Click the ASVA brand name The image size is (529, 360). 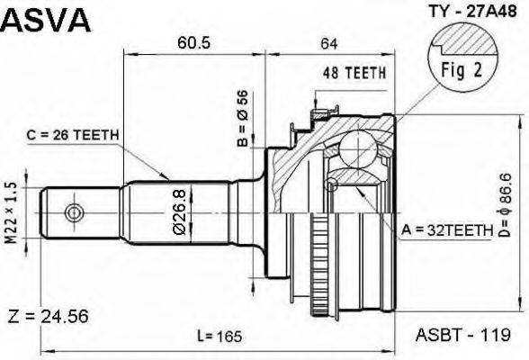[x=46, y=20]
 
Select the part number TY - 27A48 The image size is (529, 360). [x=472, y=12]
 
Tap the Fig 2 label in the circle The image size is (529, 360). [x=462, y=70]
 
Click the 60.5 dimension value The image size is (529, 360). [x=193, y=43]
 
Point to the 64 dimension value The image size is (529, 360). [x=328, y=44]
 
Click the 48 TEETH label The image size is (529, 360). [x=354, y=73]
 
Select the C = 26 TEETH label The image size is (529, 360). [x=73, y=135]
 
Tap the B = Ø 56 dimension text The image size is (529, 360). [x=243, y=119]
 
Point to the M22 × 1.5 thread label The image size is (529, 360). [x=11, y=213]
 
